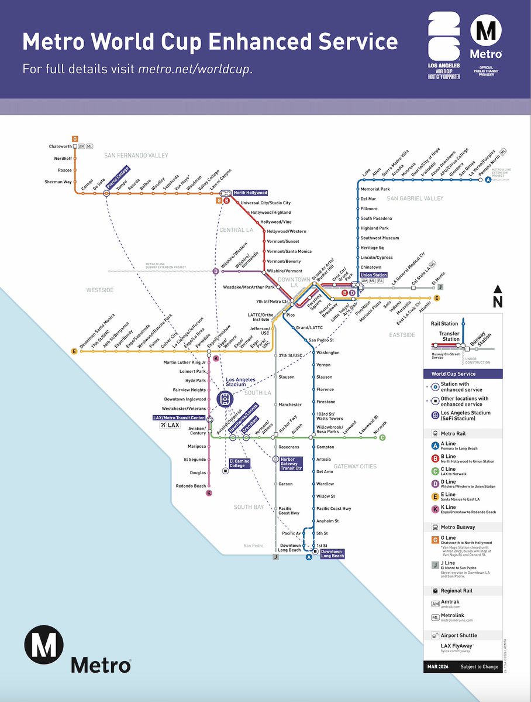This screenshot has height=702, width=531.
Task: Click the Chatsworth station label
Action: tap(60, 146)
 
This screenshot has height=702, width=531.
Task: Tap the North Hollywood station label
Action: tap(250, 193)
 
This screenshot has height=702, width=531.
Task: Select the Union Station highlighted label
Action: tap(373, 275)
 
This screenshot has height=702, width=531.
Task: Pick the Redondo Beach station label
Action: tap(191, 486)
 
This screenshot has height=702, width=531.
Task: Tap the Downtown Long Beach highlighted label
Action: tap(332, 553)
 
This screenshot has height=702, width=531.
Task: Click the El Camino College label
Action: tap(239, 463)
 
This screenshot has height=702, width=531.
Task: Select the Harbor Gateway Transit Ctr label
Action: tap(291, 464)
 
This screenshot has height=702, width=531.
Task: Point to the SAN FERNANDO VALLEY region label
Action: tap(136, 155)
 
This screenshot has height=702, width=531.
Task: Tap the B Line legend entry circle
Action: tap(435, 458)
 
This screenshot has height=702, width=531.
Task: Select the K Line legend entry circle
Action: tap(435, 509)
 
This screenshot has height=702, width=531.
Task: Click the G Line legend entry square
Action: tap(435, 539)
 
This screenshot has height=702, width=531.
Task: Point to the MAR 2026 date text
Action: tap(440, 667)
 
